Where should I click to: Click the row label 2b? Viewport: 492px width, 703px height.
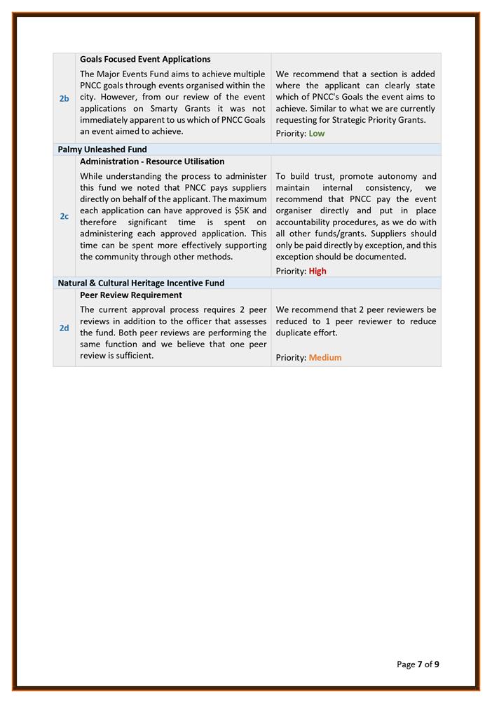point(64,98)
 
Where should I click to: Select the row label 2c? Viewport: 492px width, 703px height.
point(64,216)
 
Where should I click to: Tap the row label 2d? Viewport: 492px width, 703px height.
point(64,328)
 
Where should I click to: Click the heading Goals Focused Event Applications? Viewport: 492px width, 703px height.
point(145,60)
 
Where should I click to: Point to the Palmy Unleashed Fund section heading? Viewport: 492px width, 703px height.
point(102,149)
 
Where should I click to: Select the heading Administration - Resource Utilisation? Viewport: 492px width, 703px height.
point(152,161)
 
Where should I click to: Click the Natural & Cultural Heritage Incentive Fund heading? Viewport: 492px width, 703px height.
point(141,283)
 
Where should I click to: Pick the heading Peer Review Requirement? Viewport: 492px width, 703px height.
point(131,295)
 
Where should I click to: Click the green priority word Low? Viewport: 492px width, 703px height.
point(317,133)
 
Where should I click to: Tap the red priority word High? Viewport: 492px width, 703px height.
point(317,271)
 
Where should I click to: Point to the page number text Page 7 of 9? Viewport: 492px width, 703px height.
point(418,664)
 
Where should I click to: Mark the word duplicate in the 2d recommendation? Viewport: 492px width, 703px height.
point(297,333)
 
